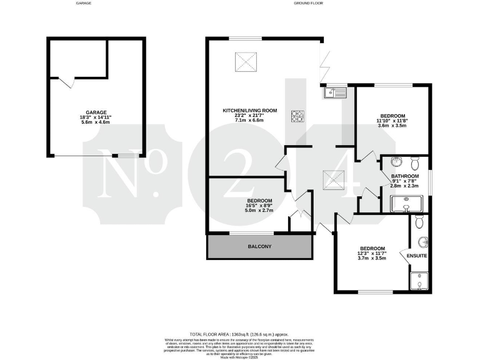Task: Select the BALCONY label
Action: coord(259,247)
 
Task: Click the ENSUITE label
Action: coord(417,256)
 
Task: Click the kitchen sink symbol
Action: coord(335,93)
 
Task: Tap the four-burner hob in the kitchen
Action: coord(297,116)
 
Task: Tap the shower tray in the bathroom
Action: coord(407,204)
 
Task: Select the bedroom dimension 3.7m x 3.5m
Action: coord(371,259)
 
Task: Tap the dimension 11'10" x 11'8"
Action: coord(392,121)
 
